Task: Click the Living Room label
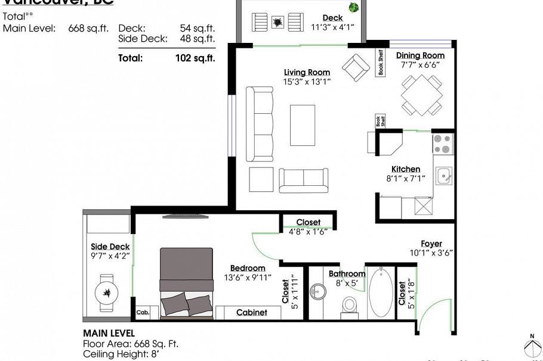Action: (x=307, y=73)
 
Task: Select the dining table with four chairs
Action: (x=422, y=95)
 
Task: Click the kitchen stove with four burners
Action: (x=442, y=143)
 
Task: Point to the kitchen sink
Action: (x=443, y=176)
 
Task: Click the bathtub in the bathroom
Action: (x=380, y=292)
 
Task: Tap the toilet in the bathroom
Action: (x=349, y=304)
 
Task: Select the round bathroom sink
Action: (x=318, y=292)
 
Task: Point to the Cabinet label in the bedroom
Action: (x=251, y=312)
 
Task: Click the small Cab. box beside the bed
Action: (x=143, y=312)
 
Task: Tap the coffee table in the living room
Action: (x=303, y=125)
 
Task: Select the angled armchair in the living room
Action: (x=357, y=67)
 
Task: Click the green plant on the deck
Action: (x=354, y=8)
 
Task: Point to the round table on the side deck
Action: (x=106, y=292)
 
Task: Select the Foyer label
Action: (x=431, y=244)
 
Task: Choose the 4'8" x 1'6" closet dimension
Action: (x=308, y=231)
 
